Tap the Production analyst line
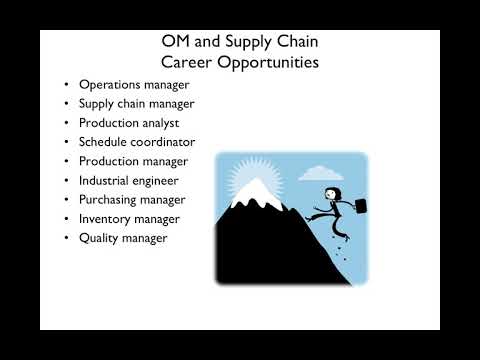click(129, 122)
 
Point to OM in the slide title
click(178, 41)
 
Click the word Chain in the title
click(296, 41)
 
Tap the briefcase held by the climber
click(357, 206)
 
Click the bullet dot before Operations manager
click(66, 84)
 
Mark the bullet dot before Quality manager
click(66, 238)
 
